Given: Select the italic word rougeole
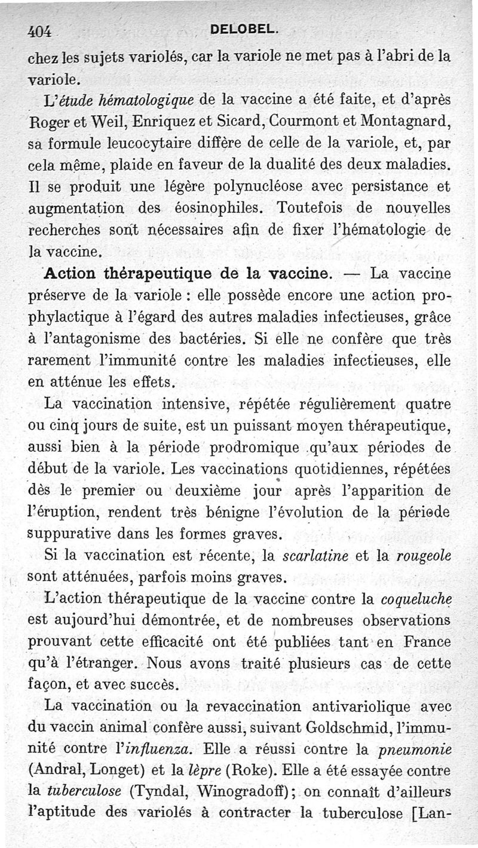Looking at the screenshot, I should pos(422,556).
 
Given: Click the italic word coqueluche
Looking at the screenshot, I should pos(413,599).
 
